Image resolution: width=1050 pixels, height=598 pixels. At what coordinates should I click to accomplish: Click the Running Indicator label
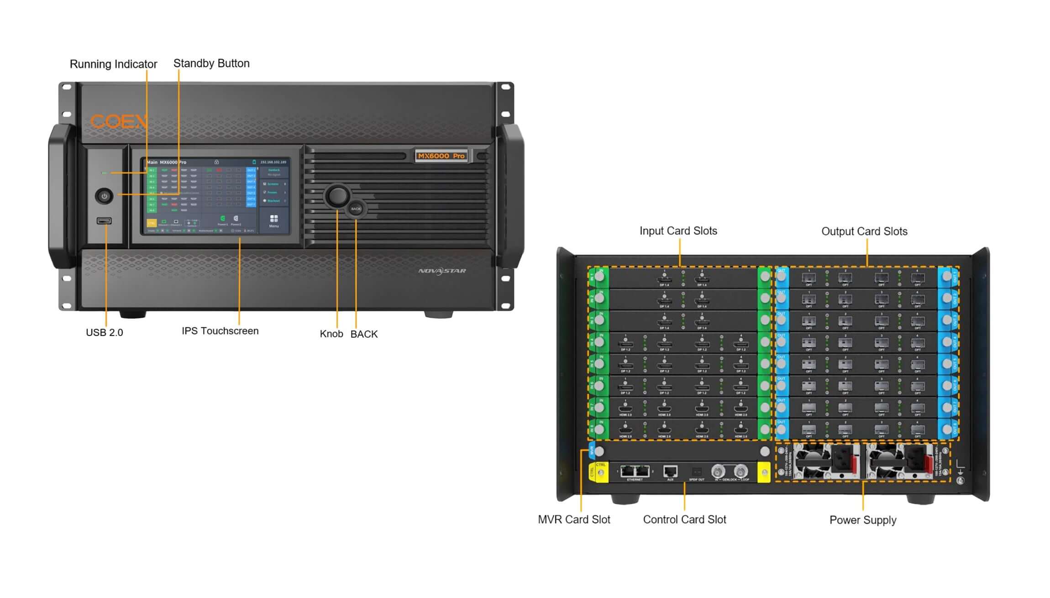(113, 64)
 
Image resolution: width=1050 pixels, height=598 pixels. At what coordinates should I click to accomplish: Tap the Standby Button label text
(211, 63)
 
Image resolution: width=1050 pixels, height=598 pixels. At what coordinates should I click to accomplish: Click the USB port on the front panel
(104, 221)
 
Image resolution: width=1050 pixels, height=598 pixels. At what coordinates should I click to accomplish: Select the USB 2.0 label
(105, 333)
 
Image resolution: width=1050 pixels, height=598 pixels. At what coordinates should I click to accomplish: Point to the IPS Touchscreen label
(220, 331)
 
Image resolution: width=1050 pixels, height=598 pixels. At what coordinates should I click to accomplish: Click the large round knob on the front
(337, 196)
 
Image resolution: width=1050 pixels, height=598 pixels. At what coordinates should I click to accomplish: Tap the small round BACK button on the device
(356, 209)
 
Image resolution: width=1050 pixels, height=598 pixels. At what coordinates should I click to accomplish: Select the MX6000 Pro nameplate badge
(441, 156)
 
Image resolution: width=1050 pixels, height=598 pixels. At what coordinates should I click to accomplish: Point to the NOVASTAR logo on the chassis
(442, 271)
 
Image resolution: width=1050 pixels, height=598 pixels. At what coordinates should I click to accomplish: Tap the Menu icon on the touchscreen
(274, 220)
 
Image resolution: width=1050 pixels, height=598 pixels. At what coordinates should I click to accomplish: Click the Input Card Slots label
(678, 231)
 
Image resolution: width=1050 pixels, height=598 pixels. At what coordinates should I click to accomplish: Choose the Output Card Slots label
(864, 231)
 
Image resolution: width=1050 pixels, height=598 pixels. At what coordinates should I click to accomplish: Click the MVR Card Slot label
(574, 519)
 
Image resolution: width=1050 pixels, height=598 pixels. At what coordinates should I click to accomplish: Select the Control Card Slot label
(684, 519)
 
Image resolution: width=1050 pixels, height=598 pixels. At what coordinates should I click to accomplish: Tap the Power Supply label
(863, 520)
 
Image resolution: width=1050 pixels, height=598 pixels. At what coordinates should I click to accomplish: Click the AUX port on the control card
(670, 471)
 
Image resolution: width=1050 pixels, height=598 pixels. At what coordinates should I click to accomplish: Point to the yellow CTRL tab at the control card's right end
(764, 472)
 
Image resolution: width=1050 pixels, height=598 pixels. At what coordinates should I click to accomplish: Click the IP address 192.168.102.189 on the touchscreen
(273, 162)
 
